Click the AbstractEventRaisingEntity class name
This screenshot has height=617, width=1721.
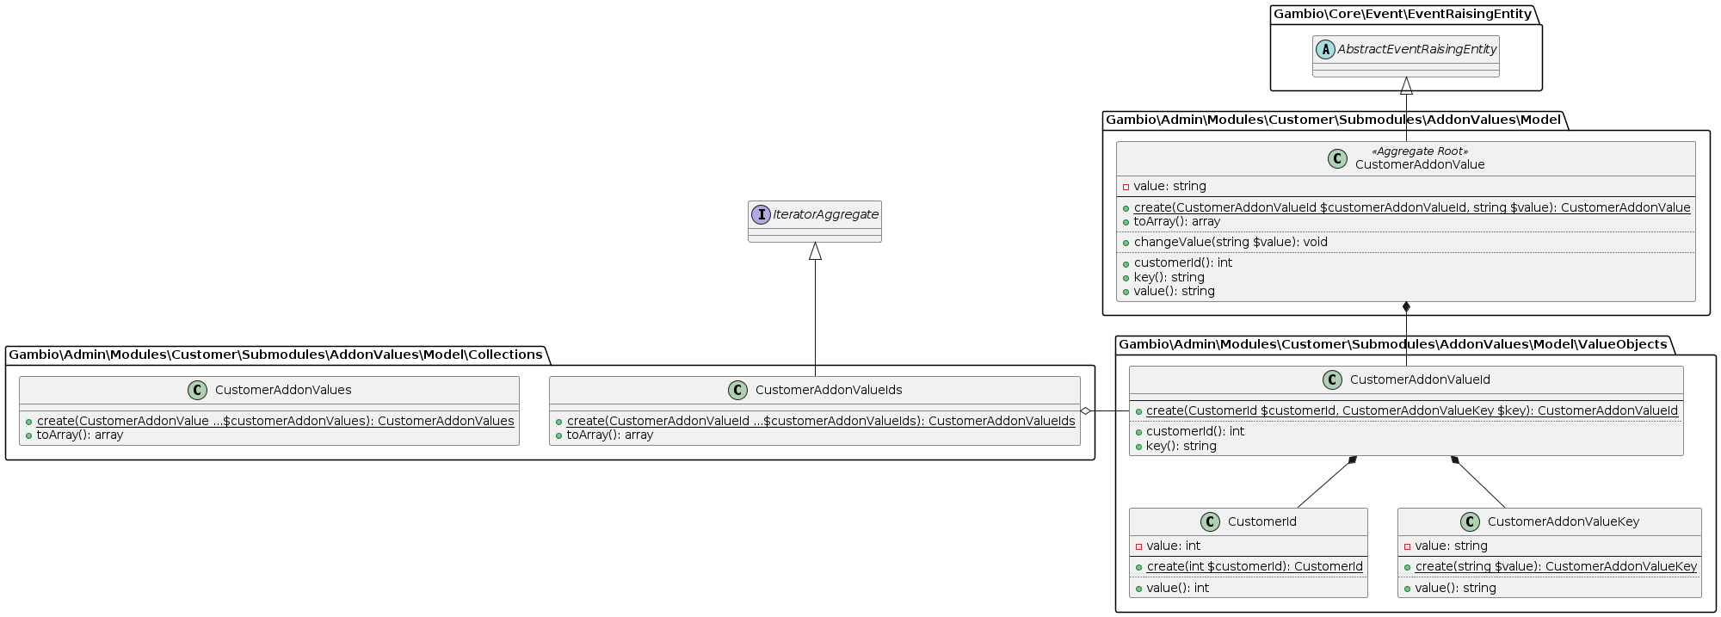point(1416,50)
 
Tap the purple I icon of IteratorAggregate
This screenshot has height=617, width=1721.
point(761,214)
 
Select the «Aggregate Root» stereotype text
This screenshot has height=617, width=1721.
point(1420,151)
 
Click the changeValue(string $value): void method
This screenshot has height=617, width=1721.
point(1231,242)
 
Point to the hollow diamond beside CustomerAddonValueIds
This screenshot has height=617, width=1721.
point(1086,411)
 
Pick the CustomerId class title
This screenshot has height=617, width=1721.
point(1261,521)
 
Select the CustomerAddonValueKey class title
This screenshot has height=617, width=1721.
point(1563,521)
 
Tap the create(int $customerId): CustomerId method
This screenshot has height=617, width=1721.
point(1255,566)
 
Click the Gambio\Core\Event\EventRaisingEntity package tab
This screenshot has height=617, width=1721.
point(1402,14)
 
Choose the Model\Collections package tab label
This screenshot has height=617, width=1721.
point(275,355)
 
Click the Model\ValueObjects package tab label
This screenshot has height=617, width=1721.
point(1392,344)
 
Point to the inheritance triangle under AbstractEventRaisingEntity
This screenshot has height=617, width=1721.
point(1406,86)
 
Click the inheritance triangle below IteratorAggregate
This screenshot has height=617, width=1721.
point(815,251)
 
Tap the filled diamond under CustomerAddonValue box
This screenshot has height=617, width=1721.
point(1406,307)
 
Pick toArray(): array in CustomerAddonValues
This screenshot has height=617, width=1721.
point(80,435)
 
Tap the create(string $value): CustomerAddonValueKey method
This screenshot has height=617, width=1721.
point(1556,566)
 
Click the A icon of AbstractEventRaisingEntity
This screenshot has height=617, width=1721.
point(1325,50)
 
